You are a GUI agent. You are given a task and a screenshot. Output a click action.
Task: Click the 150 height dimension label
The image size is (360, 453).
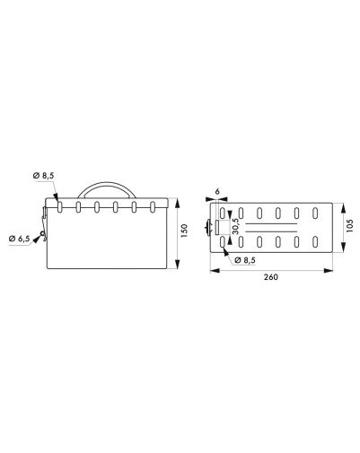coord(184,231)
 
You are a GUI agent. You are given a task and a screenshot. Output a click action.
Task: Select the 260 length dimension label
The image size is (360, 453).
coord(271,277)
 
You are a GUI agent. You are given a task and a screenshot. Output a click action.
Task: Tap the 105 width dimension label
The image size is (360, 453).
coord(350,225)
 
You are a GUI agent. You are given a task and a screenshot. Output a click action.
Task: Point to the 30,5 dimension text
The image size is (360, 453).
coord(235,225)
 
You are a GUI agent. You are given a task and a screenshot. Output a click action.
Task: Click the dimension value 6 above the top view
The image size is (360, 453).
coord(217,191)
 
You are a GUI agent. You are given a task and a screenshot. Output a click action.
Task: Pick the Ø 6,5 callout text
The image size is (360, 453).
coord(20,239)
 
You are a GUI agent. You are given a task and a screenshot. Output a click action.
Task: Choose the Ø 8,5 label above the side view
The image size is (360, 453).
coord(44,176)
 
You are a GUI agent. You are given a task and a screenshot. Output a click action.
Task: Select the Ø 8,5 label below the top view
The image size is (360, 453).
coord(245,260)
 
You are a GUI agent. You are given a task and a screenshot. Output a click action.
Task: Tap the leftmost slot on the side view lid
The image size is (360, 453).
coord(60,207)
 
